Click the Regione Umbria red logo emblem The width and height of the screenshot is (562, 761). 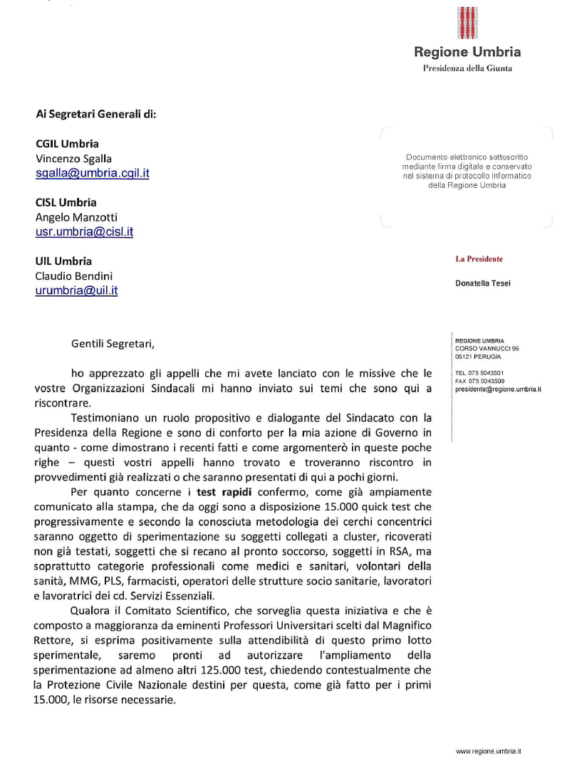click(x=467, y=23)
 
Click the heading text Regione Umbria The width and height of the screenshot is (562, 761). click(x=467, y=52)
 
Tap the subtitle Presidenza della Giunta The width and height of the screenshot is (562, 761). click(x=467, y=68)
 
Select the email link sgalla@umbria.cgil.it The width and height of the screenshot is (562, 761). click(x=93, y=173)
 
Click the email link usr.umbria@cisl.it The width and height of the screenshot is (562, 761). click(x=84, y=231)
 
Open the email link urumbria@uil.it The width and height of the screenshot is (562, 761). click(x=76, y=290)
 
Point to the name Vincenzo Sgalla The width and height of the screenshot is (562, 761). click(x=73, y=159)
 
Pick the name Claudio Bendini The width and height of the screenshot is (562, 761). click(x=73, y=275)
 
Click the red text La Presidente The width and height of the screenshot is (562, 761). click(x=479, y=259)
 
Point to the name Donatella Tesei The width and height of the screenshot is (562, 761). click(x=482, y=283)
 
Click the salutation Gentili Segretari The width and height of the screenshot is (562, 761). click(x=113, y=344)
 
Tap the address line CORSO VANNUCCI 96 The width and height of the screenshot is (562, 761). click(x=482, y=348)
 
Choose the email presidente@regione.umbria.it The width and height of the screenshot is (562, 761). click(x=498, y=389)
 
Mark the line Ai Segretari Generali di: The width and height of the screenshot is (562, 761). click(x=95, y=114)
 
